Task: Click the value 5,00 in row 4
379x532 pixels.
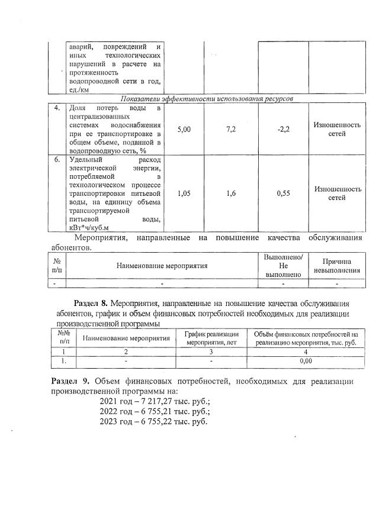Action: [184, 129]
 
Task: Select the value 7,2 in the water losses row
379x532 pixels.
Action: [232, 129]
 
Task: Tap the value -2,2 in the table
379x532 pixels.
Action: [282, 129]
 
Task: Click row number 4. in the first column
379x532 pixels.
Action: [57, 108]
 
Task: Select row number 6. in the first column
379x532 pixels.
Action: [57, 160]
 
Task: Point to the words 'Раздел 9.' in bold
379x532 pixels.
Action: [70, 381]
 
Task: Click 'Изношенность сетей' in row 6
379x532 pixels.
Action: [337, 193]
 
